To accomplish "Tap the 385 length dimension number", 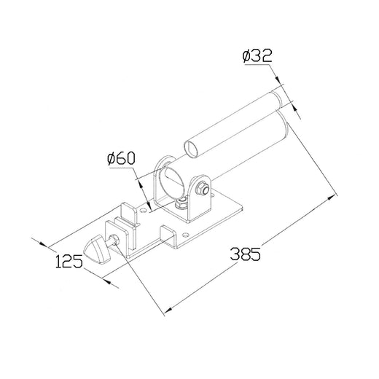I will pyautogui.click(x=246, y=254).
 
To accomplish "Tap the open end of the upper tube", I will pyautogui.click(x=192, y=148).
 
